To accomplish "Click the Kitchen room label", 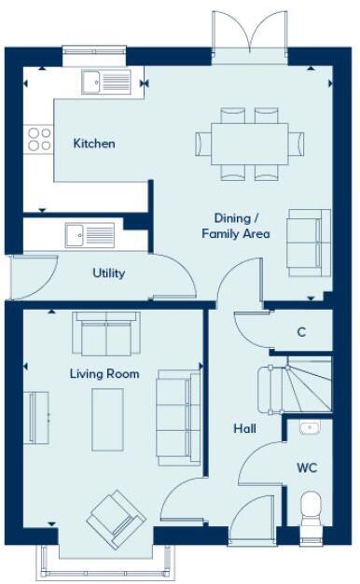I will pos(94,144).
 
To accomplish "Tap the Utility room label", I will pos(108,273).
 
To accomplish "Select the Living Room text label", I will pos(104,374).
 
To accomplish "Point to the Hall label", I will pos(245,428).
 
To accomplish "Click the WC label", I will pos(308,466).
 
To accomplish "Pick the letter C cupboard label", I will pos(301,332).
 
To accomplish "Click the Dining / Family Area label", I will pos(236,226).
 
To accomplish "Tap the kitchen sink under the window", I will pos(104,83).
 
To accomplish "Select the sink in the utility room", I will pos(90,235).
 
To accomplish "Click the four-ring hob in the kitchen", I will pos(39,139).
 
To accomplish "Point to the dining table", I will pos(250,143).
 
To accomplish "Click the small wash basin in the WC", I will pos(311,429).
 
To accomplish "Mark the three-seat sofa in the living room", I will pos(178,416).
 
